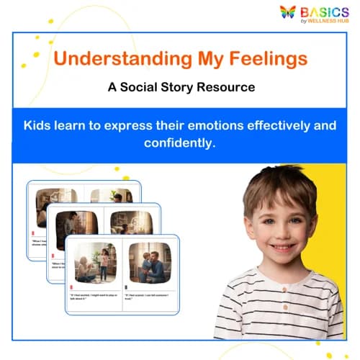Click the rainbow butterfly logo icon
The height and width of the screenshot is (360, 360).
click(288, 12)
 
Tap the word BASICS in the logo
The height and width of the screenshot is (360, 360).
click(325, 11)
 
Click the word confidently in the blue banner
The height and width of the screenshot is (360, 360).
click(180, 143)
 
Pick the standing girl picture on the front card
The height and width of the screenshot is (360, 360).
click(96, 262)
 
